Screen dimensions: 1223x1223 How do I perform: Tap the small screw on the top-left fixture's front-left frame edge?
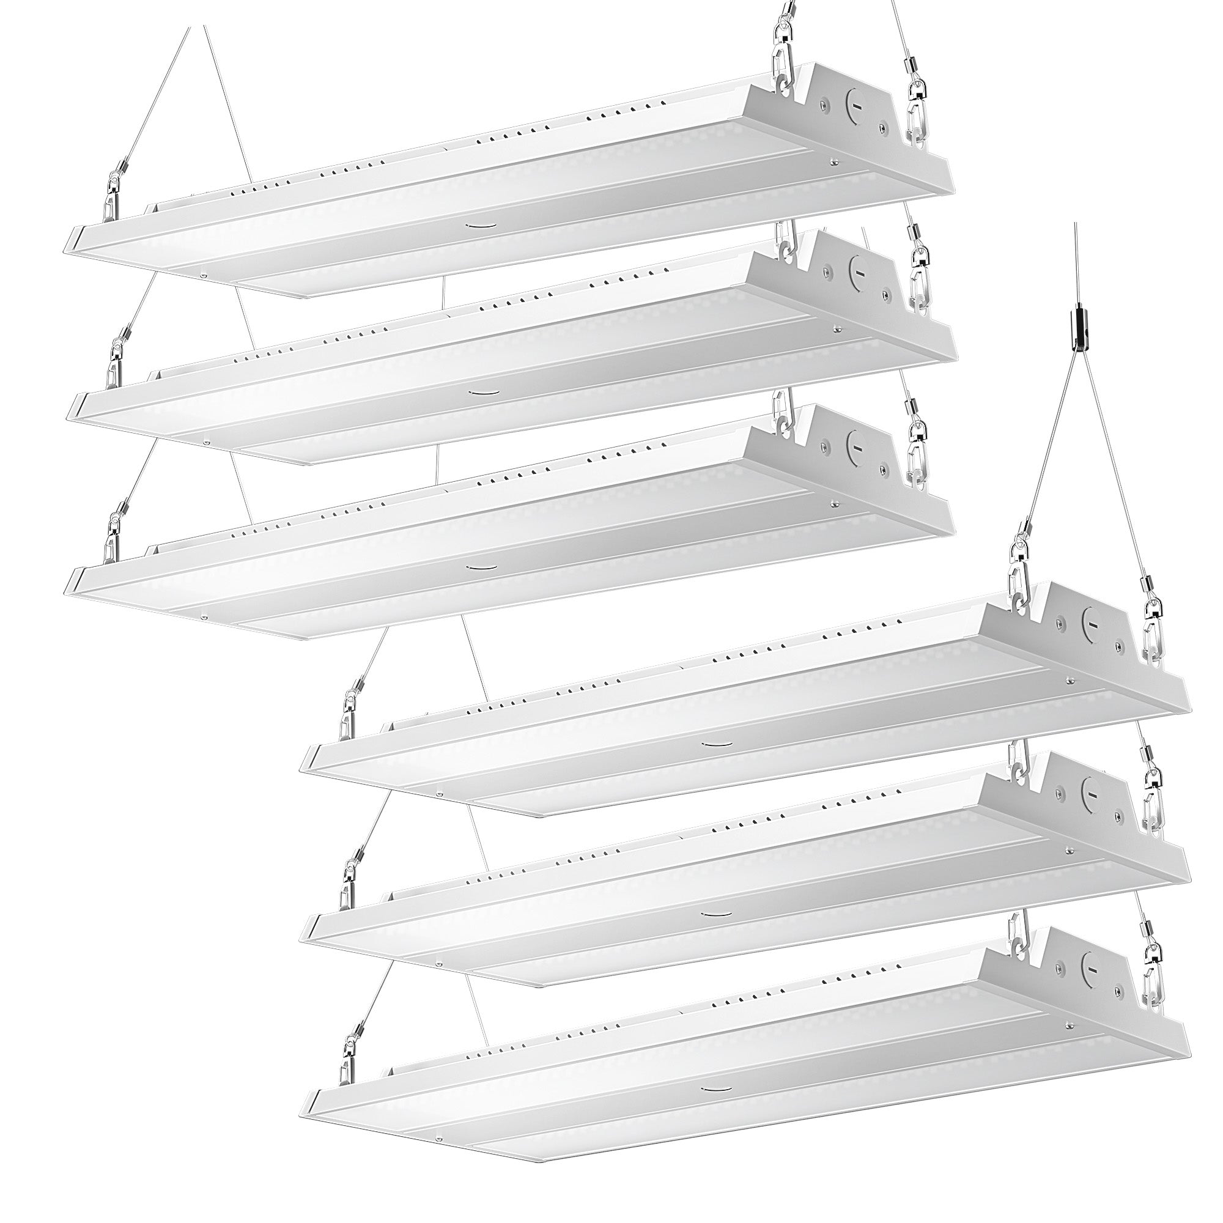[x=204, y=275]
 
